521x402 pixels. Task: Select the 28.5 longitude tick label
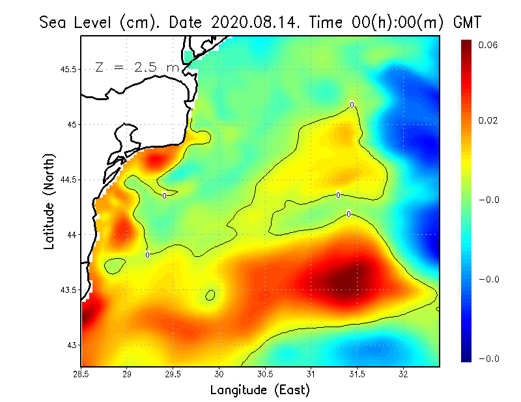pyautogui.click(x=81, y=375)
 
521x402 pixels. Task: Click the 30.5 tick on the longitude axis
pyautogui.click(x=265, y=375)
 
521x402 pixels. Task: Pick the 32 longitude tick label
pyautogui.click(x=404, y=375)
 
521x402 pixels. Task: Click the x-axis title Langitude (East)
pyautogui.click(x=260, y=390)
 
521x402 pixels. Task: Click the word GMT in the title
pyautogui.click(x=466, y=22)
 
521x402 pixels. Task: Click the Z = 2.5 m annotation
pyautogui.click(x=137, y=67)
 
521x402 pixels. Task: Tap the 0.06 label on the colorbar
pyautogui.click(x=488, y=45)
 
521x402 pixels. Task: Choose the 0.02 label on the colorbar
pyautogui.click(x=488, y=120)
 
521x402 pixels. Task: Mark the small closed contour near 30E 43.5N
pyautogui.click(x=210, y=295)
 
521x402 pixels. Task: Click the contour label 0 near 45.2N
pyautogui.click(x=352, y=104)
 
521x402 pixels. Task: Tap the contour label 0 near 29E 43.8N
pyautogui.click(x=148, y=254)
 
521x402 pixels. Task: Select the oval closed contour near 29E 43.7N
pyautogui.click(x=115, y=265)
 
